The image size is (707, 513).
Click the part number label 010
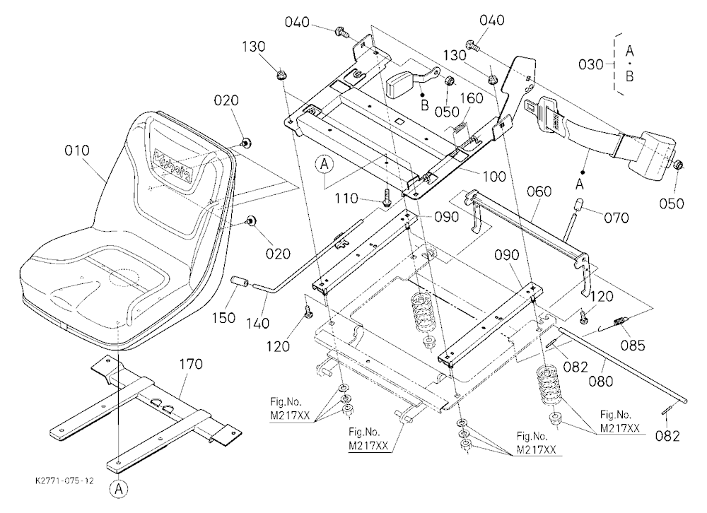coord(77,150)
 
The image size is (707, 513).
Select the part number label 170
coord(191,364)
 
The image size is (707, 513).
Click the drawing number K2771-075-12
coord(64,480)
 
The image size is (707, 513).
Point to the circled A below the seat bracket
coord(119,489)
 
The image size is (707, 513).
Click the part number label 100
coord(494,176)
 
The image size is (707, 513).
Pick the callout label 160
coord(471,98)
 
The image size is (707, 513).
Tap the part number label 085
coord(633,346)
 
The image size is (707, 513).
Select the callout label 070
coord(616,218)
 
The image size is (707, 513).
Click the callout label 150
coord(223,317)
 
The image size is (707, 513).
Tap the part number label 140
coord(258,323)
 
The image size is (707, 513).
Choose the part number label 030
coord(590,64)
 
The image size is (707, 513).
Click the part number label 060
coord(539,191)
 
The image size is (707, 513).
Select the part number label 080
coord(601,382)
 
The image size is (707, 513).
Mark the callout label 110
coord(346,199)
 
